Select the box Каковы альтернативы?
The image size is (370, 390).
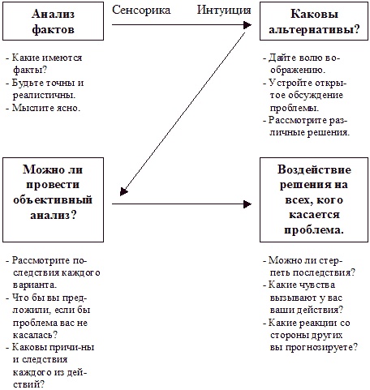click(x=312, y=23)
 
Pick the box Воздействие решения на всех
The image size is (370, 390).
click(x=312, y=201)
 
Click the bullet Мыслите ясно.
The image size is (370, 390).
click(x=45, y=106)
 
